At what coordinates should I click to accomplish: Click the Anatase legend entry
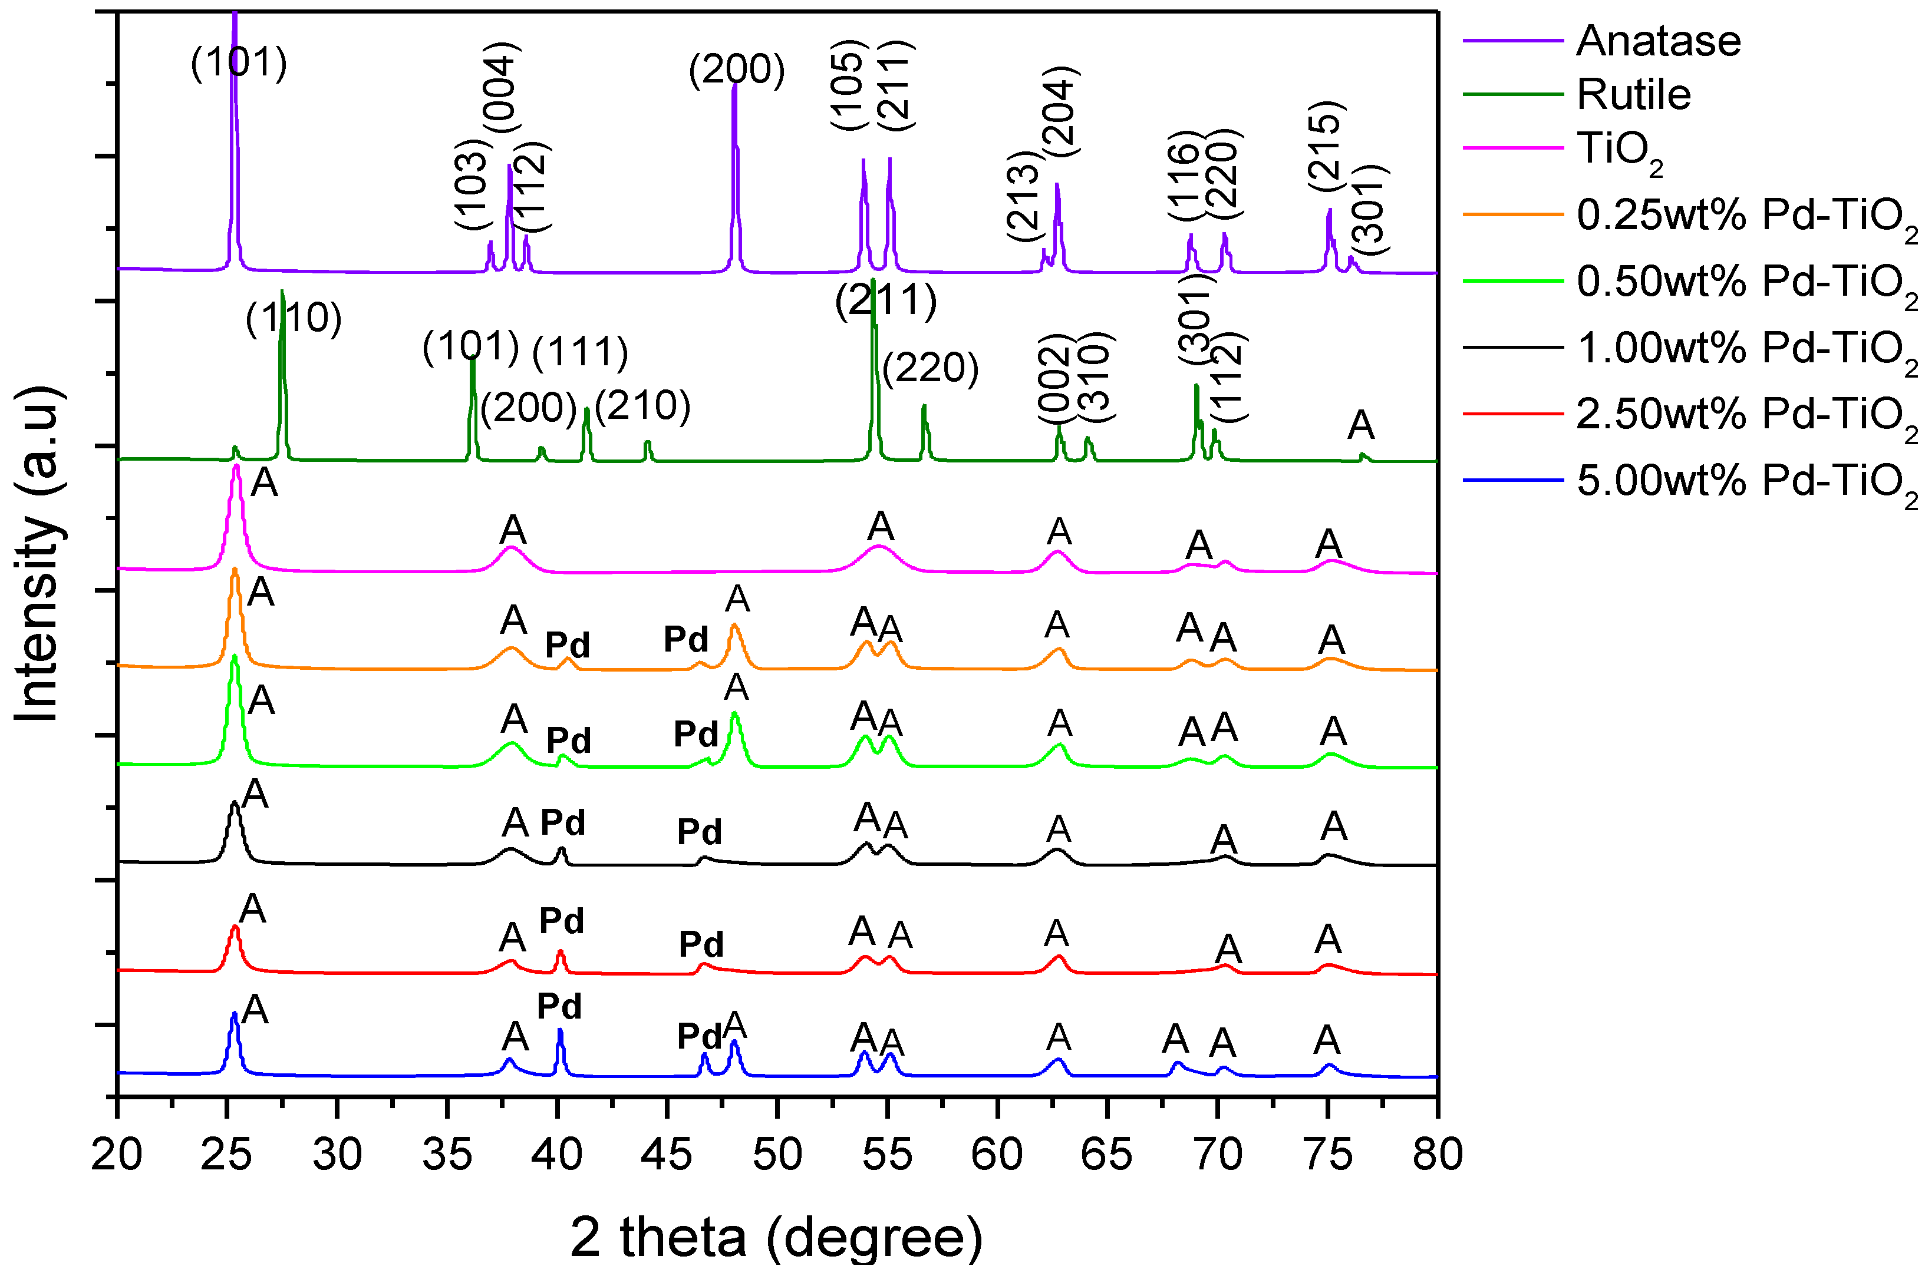(1657, 41)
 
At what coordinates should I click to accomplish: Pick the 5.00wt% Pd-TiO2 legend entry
(1745, 482)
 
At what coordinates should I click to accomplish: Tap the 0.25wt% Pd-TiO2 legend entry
(1745, 216)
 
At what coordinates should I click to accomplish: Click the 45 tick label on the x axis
(667, 1154)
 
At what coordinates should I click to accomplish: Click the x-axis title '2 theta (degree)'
(776, 1237)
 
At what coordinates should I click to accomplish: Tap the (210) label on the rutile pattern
(643, 406)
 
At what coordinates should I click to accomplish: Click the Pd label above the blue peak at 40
(559, 1007)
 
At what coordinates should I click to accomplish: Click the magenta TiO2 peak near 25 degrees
(236, 467)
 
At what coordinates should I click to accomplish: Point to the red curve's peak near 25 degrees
(235, 928)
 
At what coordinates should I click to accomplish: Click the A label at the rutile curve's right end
(1361, 425)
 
